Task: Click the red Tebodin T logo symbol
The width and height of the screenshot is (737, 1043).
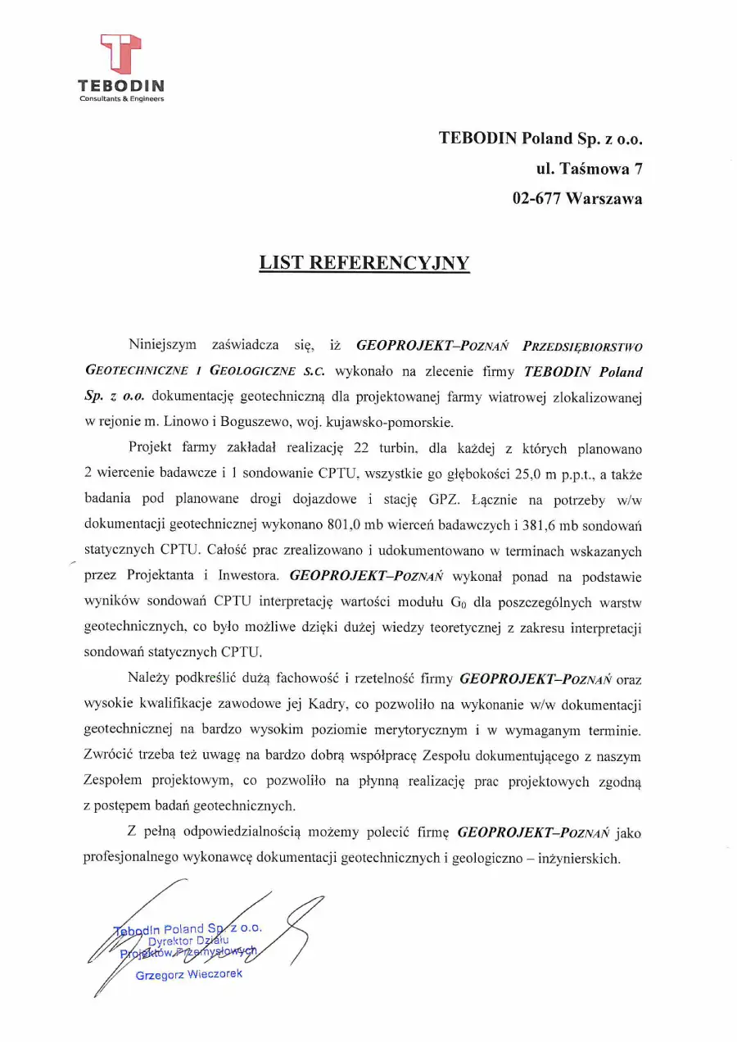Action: [120, 54]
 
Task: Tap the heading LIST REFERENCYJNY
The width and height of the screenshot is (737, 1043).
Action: [364, 263]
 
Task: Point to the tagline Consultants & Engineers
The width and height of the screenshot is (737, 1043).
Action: [121, 99]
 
